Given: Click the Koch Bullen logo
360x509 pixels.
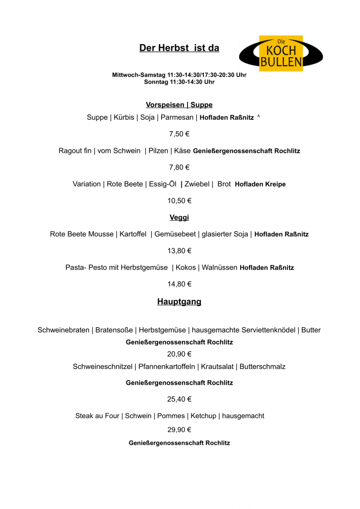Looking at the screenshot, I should (281, 53).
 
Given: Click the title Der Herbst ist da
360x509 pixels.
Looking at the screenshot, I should (179, 48).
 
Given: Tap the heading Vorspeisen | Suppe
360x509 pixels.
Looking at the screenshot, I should (179, 105).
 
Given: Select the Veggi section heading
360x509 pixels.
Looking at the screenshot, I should (179, 217).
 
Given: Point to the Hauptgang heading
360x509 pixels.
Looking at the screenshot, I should (179, 302).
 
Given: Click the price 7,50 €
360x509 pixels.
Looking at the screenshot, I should (179, 134).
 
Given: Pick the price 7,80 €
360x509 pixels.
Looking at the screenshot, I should (179, 167).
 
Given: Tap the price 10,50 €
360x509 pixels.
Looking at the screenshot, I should (179, 201).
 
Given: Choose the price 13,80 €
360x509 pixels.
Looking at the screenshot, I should (179, 251).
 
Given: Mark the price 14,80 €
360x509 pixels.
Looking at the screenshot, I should (179, 284).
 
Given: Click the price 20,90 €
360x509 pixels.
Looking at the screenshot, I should (179, 354).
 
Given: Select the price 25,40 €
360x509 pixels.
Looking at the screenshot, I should (179, 399).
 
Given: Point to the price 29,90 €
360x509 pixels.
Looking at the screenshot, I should (179, 429).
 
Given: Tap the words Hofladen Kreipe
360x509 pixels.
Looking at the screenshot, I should (260, 184).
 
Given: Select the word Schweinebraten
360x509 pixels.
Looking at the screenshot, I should (64, 330).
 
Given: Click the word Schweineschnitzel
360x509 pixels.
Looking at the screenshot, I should (103, 367).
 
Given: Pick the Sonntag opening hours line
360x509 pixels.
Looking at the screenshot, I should (179, 82).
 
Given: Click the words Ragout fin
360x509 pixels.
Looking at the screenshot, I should (75, 151).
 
